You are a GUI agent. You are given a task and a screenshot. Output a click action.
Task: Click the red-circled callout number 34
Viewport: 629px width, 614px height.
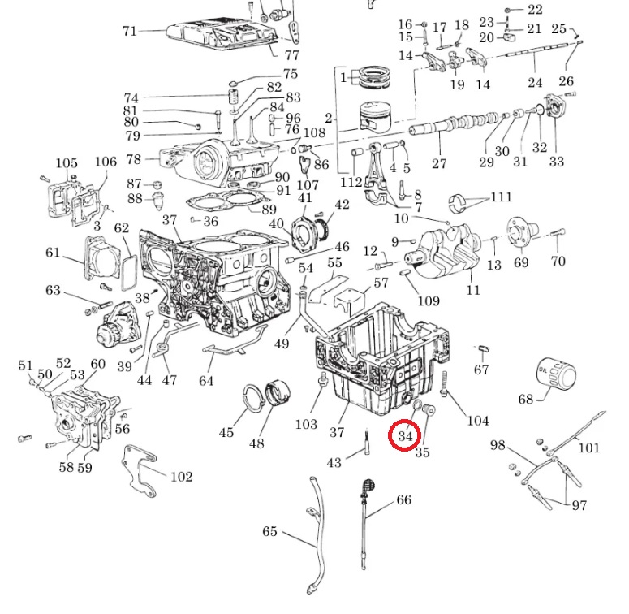tap(405, 435)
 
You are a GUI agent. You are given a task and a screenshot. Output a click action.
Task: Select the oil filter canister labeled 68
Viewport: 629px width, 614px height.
tap(556, 374)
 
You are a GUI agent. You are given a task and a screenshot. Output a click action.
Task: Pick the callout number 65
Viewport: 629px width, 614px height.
tap(269, 532)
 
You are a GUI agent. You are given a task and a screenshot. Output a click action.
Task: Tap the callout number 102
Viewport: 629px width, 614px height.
tap(180, 477)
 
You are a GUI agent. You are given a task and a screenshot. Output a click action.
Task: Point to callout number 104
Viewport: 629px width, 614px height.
tap(477, 420)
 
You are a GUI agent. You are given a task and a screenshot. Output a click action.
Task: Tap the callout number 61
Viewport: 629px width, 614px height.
tap(54, 253)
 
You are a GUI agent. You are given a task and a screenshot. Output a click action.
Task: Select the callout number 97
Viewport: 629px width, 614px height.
tap(579, 505)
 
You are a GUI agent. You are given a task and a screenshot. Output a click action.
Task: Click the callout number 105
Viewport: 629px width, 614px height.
tap(67, 164)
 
